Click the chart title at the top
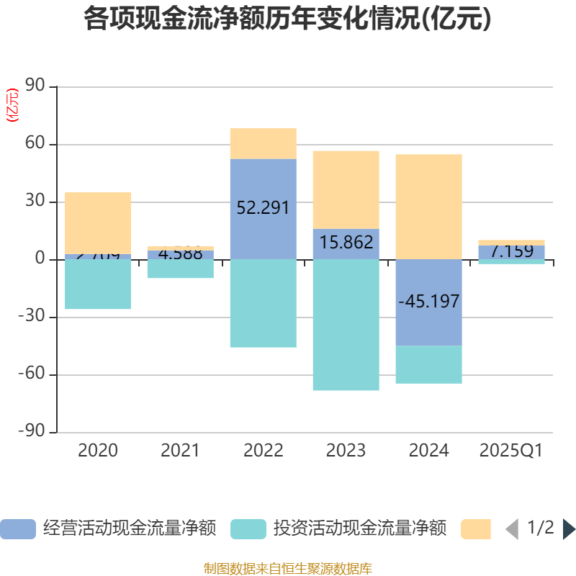pos(287,19)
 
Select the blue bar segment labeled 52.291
pos(263,209)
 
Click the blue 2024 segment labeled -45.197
pos(428,302)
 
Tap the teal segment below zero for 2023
pos(346,325)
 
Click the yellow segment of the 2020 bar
pos(98,222)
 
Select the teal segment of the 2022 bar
pos(263,303)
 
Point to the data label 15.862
pos(346,243)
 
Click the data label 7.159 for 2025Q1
pos(512,252)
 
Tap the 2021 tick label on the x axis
pos(180,451)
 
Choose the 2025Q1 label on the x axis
pos(510,451)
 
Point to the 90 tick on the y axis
pos(36,87)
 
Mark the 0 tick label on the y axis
pos(40,260)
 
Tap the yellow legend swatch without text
pos(476,529)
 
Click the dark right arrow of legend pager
pos(569,529)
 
